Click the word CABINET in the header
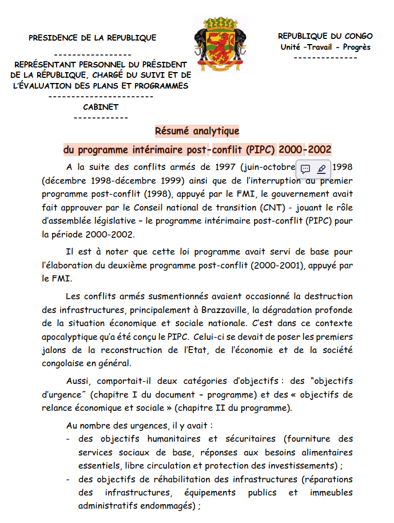(x=101, y=107)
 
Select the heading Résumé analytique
(x=197, y=131)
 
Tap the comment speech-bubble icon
(x=305, y=169)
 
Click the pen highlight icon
(x=321, y=169)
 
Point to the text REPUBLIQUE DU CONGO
(x=325, y=36)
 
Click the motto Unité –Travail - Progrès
(x=325, y=47)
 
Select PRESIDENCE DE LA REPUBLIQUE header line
(x=92, y=38)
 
